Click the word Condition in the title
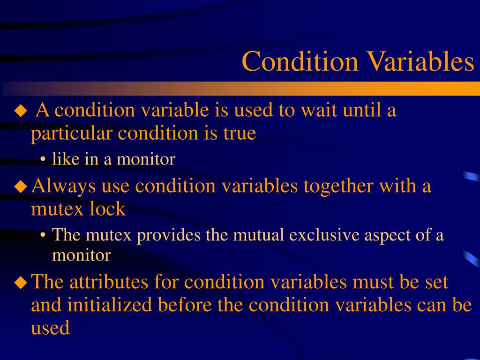pos(300,61)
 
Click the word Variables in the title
pos(420,61)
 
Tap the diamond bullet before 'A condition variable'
pos(21,111)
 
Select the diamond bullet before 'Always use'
pos(21,187)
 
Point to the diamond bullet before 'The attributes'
pos(21,283)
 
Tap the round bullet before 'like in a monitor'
pos(43,160)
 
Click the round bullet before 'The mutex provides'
pos(43,235)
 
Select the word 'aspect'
pos(390,236)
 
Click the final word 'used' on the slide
pos(50,328)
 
